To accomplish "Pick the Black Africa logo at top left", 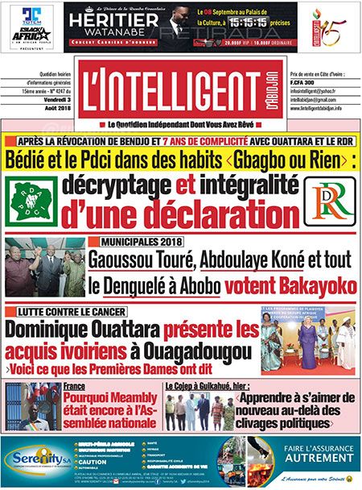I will [x=33, y=36].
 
